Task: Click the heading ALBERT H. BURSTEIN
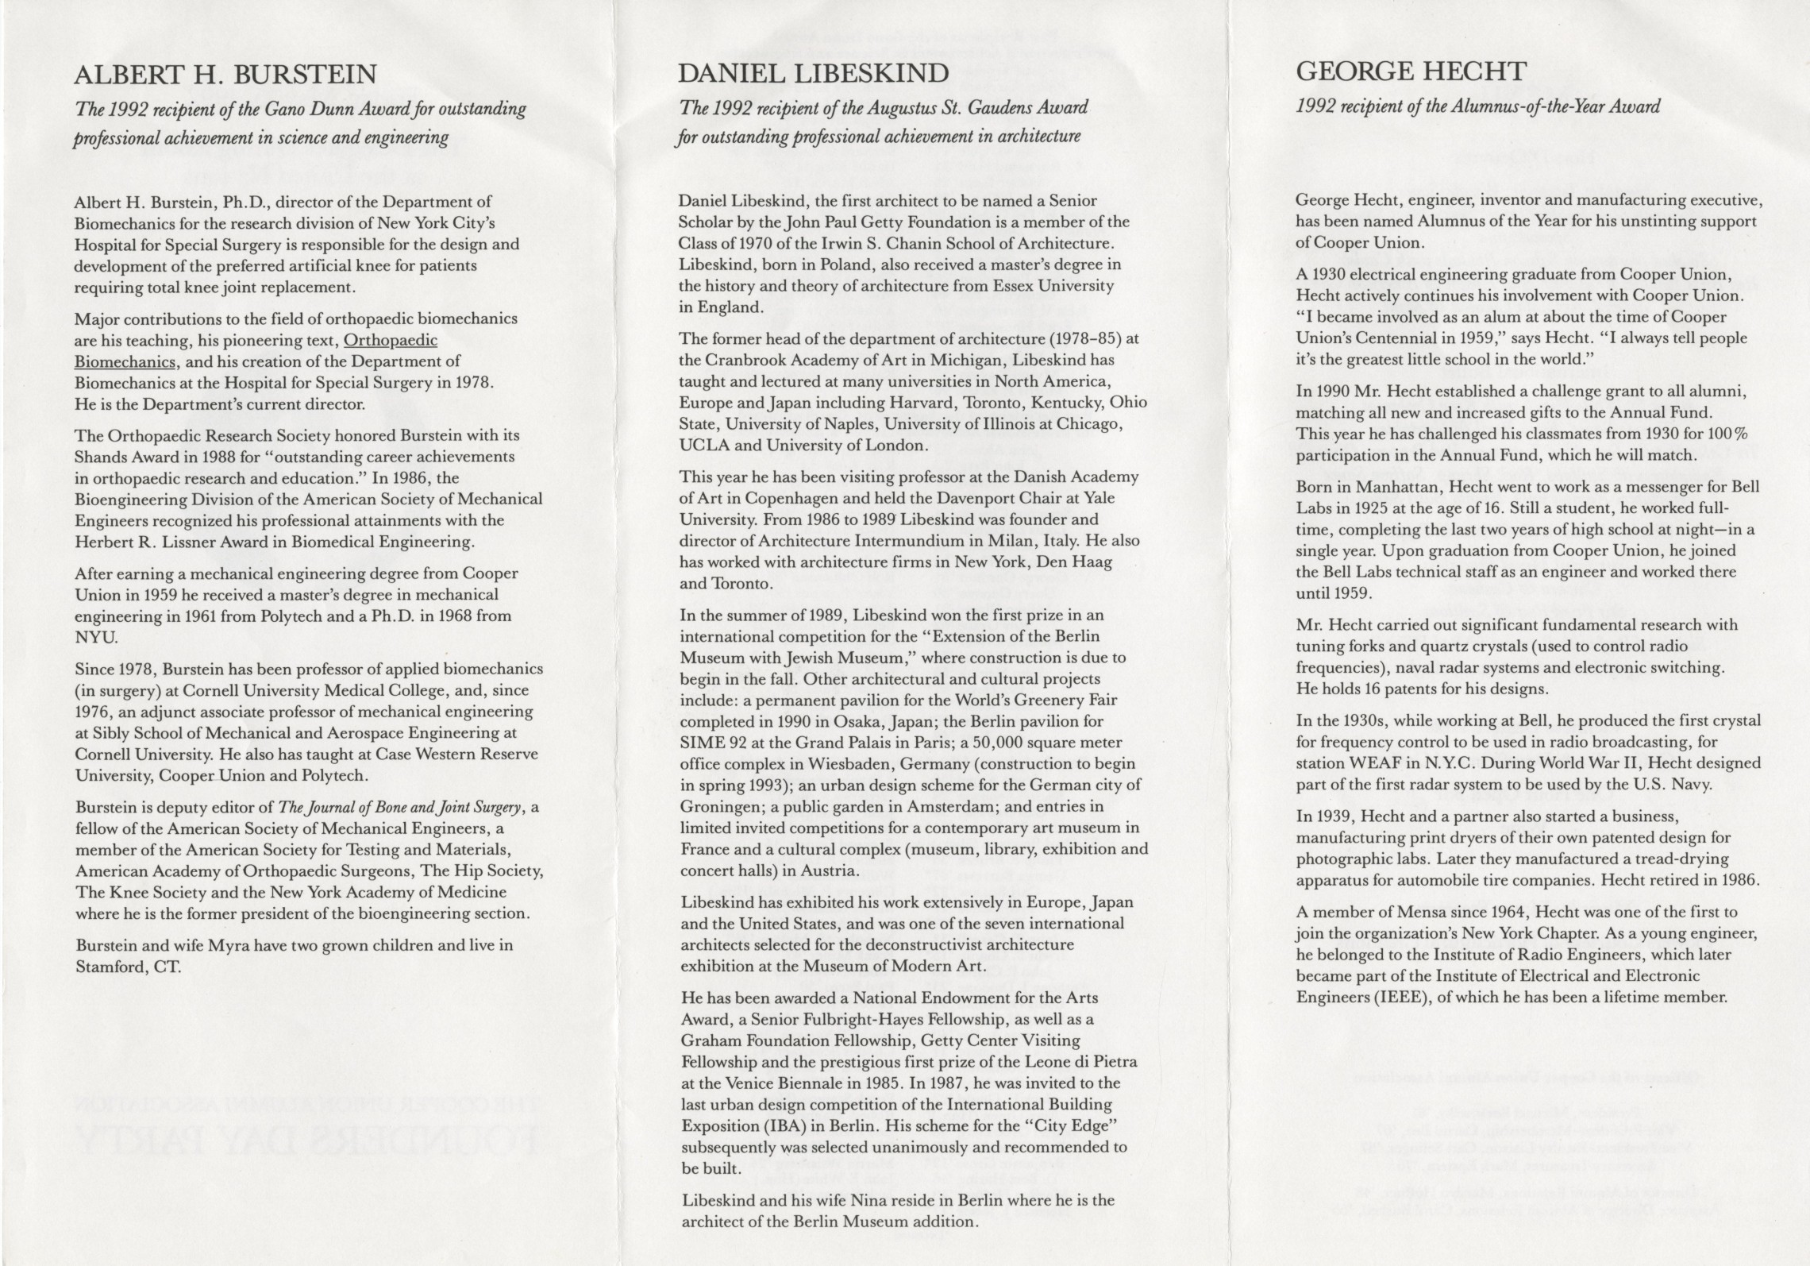click(225, 75)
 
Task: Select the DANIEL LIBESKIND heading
click(813, 74)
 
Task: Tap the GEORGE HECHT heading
click(1411, 72)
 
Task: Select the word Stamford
click(106, 967)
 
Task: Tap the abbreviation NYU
click(95, 637)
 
